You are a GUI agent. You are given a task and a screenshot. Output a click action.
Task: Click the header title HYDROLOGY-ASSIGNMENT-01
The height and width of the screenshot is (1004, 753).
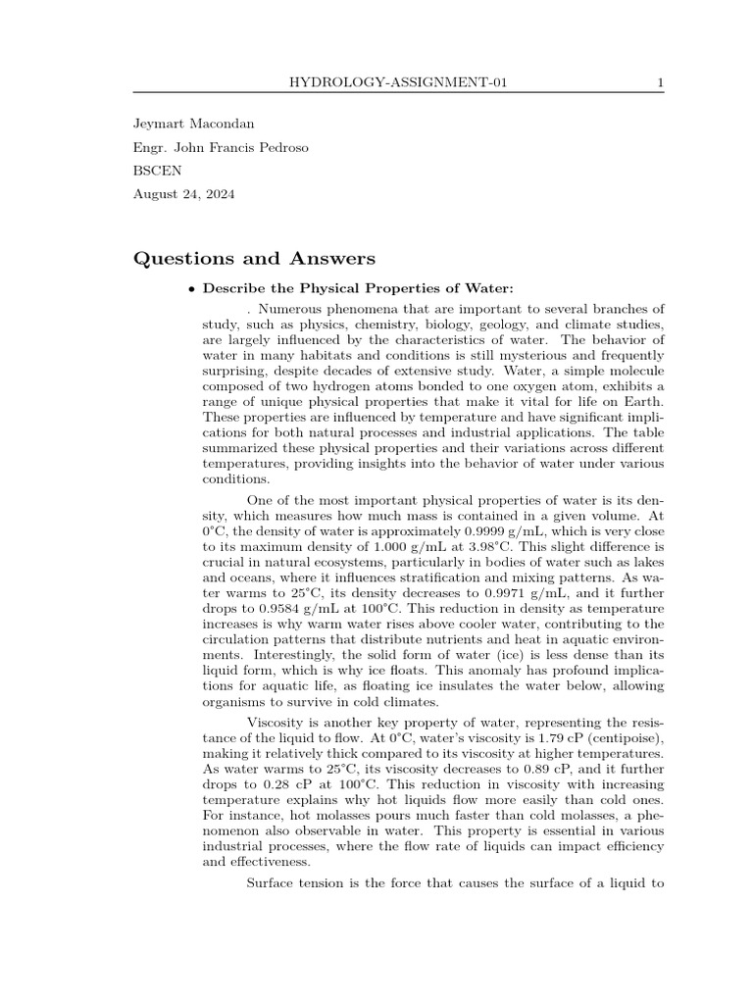coord(397,82)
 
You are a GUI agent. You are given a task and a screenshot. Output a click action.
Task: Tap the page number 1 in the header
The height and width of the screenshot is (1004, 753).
coord(660,82)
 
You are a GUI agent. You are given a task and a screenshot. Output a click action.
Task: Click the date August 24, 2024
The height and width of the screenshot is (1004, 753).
coord(183,194)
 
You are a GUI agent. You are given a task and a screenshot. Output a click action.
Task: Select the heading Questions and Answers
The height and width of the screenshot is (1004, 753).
coord(254,259)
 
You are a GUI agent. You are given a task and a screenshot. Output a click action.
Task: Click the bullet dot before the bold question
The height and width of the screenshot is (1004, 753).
coord(190,288)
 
